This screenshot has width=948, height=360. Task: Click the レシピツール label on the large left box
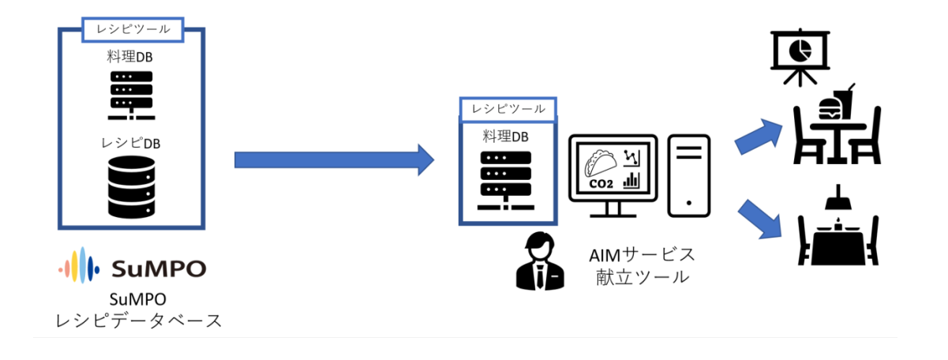(133, 29)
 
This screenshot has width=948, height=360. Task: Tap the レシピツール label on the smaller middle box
(508, 109)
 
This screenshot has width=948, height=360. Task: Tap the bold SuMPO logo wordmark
(157, 268)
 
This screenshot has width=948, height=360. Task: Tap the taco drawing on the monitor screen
(601, 163)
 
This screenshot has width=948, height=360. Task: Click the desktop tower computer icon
(689, 175)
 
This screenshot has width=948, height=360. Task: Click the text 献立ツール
(643, 277)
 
